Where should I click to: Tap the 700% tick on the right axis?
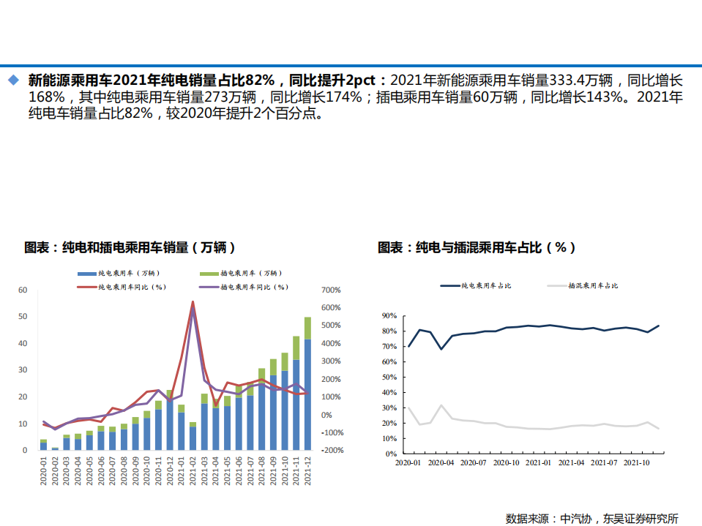click(331, 290)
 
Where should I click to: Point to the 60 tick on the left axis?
click(23, 290)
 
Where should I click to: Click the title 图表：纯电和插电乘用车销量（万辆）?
click(130, 247)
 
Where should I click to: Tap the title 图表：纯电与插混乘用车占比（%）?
click(477, 247)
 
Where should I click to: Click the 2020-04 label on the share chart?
click(441, 462)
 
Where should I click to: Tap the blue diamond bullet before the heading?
click(12, 79)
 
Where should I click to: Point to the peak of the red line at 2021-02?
click(193, 301)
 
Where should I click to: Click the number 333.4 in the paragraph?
click(569, 80)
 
